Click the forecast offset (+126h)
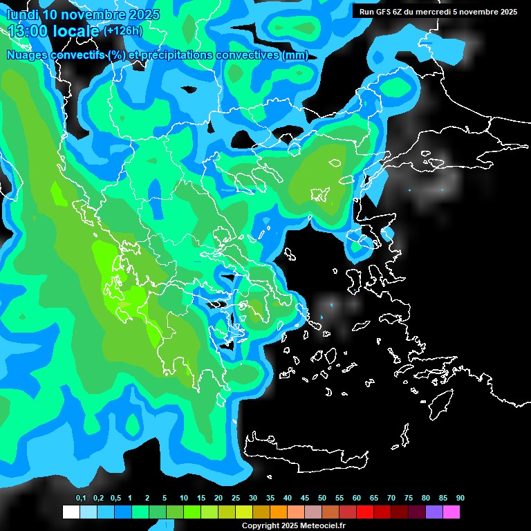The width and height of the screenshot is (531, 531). tap(122, 30)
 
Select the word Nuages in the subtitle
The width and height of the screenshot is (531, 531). tap(27, 55)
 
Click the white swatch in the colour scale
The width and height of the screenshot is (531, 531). tap(71, 512)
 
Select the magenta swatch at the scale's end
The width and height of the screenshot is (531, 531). tap(451, 512)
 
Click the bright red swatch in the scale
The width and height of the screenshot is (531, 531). tap(364, 512)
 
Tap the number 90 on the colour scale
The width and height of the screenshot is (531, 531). tap(460, 499)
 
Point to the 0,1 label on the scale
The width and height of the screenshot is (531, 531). tap(81, 499)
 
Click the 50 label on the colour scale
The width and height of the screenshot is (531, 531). tap(322, 499)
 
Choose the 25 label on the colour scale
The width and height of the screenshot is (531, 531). tap(236, 499)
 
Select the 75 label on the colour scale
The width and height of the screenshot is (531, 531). tap(409, 499)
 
